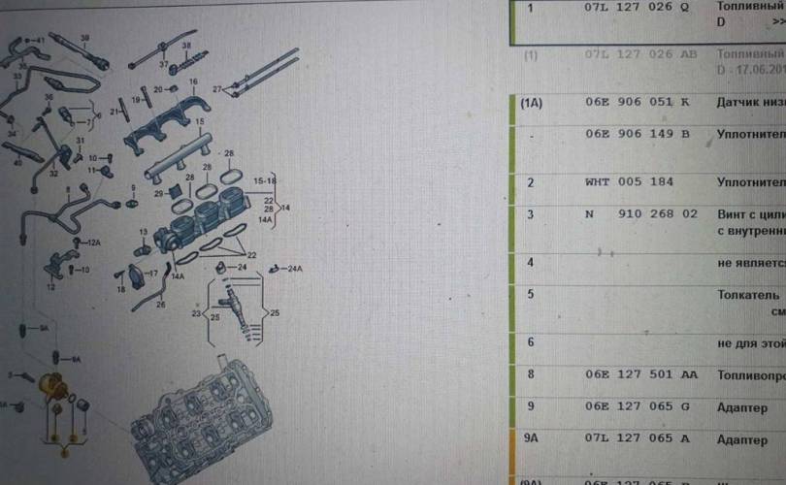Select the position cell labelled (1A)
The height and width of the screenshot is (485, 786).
(x=531, y=102)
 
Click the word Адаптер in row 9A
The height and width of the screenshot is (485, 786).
(x=743, y=439)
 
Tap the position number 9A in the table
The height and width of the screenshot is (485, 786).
(x=532, y=438)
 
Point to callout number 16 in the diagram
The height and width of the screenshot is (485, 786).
(x=193, y=81)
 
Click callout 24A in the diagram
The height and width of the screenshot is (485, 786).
(x=294, y=268)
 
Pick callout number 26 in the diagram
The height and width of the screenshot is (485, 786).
(x=161, y=304)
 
